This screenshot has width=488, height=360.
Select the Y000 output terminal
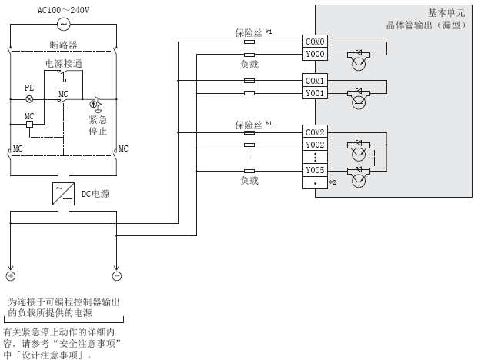[x=316, y=55]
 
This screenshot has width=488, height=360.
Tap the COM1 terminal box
[x=316, y=81]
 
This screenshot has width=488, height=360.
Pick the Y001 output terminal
[x=316, y=93]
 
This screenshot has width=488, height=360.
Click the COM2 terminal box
[x=316, y=132]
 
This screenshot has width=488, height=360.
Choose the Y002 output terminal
[x=316, y=145]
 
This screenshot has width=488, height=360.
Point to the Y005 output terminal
[x=316, y=170]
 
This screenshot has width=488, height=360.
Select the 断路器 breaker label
[x=64, y=43]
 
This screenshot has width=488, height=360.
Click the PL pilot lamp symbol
[x=29, y=99]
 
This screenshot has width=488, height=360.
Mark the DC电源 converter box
[x=63, y=192]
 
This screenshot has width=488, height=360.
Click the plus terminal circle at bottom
[x=11, y=275]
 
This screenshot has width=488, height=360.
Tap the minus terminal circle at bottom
[x=116, y=275]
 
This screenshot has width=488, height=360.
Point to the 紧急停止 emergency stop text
[x=98, y=125]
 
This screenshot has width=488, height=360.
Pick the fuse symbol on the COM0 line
[x=249, y=43]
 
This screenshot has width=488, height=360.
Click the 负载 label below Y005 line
[x=249, y=181]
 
